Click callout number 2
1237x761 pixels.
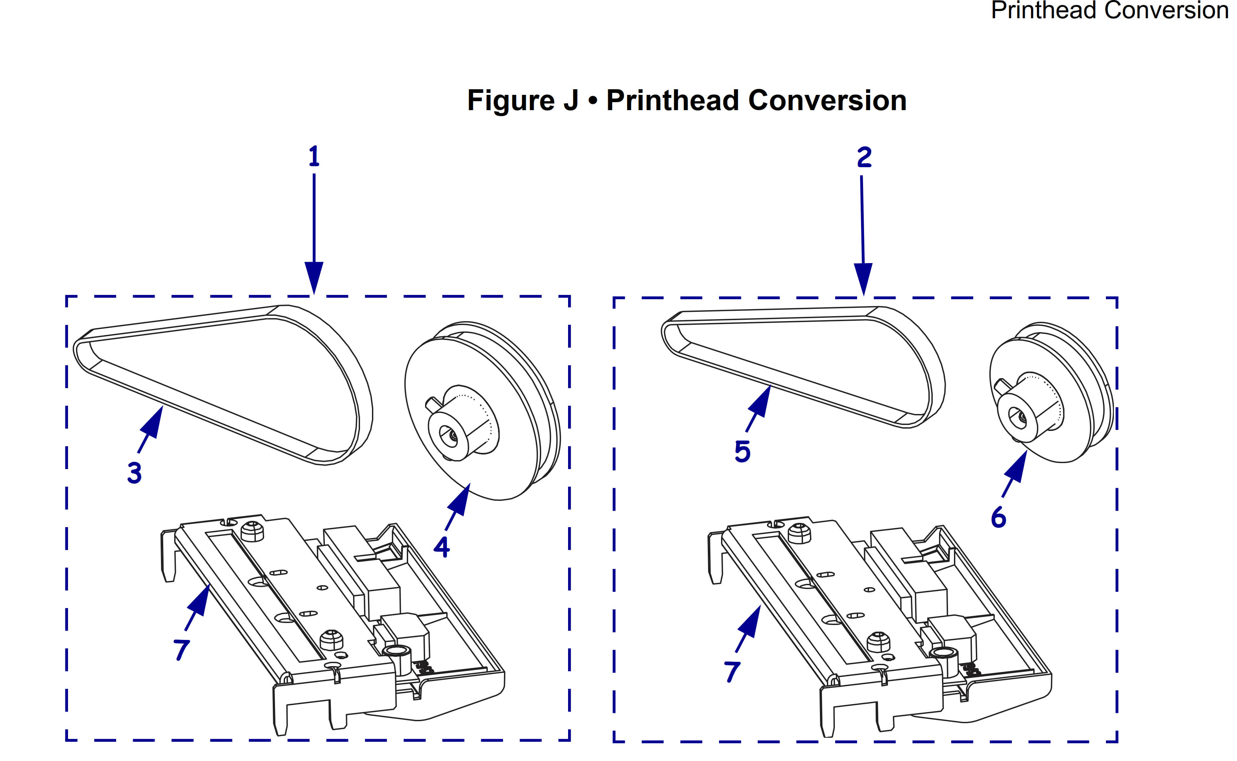click(x=864, y=158)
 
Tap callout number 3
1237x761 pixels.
click(x=134, y=473)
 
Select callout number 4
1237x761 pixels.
click(x=442, y=547)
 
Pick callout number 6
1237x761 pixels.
click(x=998, y=518)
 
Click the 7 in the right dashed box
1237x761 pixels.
click(x=733, y=671)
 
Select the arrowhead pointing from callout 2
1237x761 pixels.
click(x=863, y=278)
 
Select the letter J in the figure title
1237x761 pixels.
click(x=570, y=101)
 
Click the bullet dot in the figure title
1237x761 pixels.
click(x=593, y=101)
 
